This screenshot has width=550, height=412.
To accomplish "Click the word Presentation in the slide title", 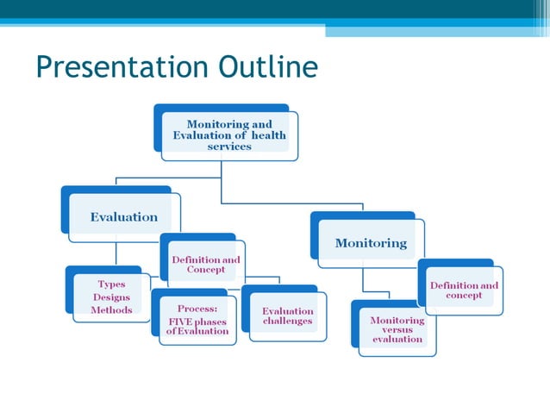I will (x=123, y=67).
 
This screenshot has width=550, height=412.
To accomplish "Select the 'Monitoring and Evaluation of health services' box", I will (x=229, y=135).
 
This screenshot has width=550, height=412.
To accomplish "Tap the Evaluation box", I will (x=124, y=217).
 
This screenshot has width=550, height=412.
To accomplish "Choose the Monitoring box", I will (x=371, y=243).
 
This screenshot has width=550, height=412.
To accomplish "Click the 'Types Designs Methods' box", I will (x=111, y=297).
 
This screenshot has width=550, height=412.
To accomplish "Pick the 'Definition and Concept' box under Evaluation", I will (x=206, y=265).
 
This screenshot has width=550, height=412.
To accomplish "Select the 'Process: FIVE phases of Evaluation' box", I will (x=197, y=319).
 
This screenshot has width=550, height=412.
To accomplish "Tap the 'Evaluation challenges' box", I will (x=288, y=315).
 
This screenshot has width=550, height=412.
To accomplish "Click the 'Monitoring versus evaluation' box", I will (x=397, y=329).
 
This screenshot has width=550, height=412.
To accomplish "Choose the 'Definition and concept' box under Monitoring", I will (x=464, y=290).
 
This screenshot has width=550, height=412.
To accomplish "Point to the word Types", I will (x=111, y=284).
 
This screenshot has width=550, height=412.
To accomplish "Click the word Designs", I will (x=111, y=297).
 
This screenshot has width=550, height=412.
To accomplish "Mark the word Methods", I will (x=111, y=309).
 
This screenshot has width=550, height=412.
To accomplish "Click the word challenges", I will (x=288, y=321).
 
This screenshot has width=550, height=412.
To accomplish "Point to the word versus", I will (x=397, y=329).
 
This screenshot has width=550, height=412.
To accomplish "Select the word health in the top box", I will (x=268, y=135).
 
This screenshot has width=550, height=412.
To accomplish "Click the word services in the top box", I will (x=229, y=147).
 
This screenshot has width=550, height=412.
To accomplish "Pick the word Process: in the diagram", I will (x=197, y=308).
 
